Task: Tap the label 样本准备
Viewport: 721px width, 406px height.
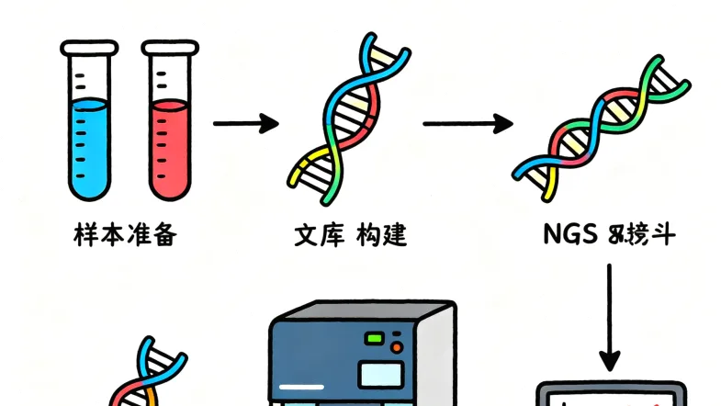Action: [x=124, y=235]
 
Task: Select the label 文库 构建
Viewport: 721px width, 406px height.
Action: [x=350, y=235]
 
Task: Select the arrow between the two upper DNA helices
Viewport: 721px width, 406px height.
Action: [x=467, y=122]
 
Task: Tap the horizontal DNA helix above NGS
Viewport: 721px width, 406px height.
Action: [x=602, y=129]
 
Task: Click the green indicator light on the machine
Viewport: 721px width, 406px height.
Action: [x=374, y=339]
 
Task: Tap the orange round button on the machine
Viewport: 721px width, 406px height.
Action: [x=397, y=347]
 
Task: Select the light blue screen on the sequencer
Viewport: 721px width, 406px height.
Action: [x=381, y=373]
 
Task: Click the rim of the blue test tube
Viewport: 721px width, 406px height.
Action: [x=88, y=44]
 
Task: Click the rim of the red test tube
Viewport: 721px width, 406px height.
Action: [x=170, y=44]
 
